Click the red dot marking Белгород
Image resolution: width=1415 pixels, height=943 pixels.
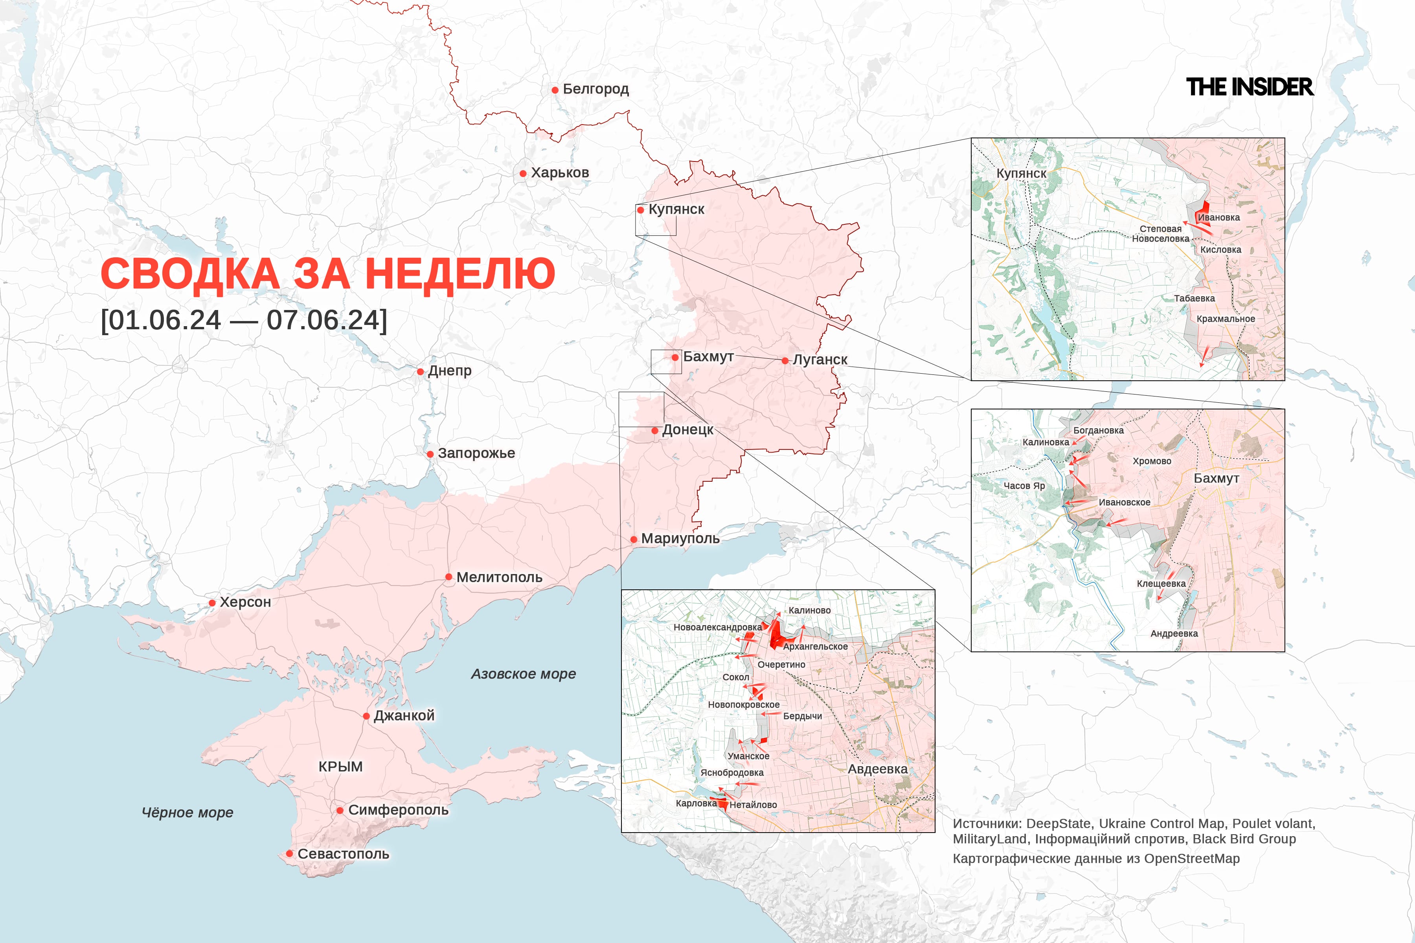[555, 90]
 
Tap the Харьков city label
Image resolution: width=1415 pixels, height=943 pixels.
[559, 172]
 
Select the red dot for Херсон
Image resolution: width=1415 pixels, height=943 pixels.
[212, 603]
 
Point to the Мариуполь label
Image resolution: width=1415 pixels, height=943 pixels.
[680, 538]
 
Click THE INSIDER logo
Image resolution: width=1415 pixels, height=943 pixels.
[1250, 87]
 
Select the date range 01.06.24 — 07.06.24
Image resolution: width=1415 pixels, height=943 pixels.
[244, 320]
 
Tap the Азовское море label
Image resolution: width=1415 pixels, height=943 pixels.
[523, 674]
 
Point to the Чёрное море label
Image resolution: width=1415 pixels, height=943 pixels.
[187, 813]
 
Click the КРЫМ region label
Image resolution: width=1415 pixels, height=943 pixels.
[340, 767]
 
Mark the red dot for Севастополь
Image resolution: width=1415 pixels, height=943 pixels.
[289, 853]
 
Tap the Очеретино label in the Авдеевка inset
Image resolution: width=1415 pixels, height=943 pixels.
[781, 664]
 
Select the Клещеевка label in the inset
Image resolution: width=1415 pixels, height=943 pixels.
[1161, 583]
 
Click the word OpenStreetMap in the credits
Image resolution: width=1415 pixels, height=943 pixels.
[1191, 859]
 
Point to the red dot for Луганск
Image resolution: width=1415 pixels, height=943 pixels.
[785, 361]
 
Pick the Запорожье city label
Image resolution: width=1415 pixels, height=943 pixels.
[476, 453]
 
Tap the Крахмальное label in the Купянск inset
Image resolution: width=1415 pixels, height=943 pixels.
[1226, 319]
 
